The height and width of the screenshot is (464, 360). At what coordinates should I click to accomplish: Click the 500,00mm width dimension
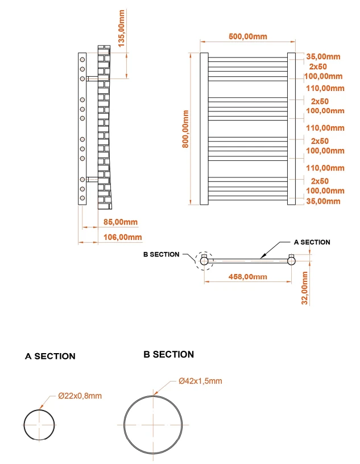coord(247,36)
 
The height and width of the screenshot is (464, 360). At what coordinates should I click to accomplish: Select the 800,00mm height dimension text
coord(185,129)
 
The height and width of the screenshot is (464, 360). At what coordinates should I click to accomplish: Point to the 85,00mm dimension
coord(118,222)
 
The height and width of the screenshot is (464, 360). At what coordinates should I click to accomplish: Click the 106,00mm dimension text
coord(121,237)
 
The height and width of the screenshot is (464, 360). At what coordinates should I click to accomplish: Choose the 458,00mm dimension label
coord(247,276)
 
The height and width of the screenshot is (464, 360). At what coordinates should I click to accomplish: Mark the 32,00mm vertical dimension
coord(305,288)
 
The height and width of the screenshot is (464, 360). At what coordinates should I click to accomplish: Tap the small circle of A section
coord(39,424)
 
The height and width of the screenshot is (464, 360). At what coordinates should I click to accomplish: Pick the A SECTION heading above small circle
coord(50,357)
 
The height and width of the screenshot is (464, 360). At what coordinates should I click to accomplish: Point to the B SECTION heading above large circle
coord(169,354)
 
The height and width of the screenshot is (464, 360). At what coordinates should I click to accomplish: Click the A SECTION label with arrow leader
coord(311,242)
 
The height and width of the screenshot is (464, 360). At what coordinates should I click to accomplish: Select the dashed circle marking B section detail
coord(204,260)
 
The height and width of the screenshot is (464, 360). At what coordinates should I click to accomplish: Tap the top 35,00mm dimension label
coord(324,56)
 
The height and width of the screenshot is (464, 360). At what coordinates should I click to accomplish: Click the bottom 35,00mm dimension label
coord(323,201)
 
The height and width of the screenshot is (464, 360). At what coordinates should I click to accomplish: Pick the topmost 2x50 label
coord(319,67)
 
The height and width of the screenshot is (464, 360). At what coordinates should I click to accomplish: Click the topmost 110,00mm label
coord(325,88)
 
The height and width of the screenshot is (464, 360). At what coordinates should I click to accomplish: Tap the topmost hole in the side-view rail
coord(82,59)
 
